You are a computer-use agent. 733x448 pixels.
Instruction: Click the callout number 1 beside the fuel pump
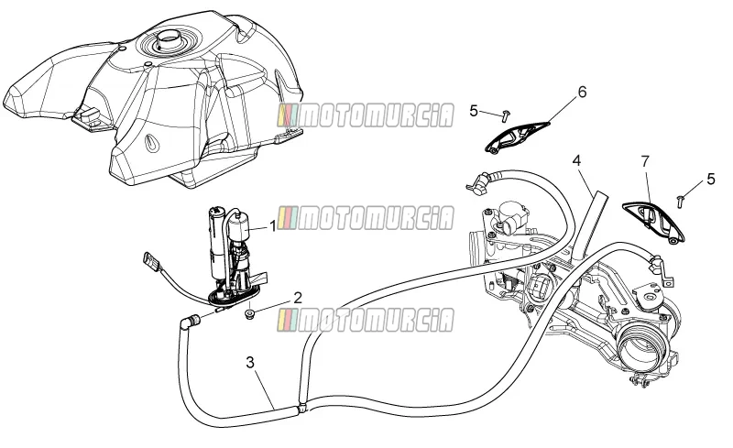tap(272, 227)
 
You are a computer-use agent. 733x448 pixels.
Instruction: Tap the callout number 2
tap(297, 298)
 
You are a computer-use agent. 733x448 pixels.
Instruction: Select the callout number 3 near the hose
tap(250, 363)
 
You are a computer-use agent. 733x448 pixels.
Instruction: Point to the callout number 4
tap(577, 161)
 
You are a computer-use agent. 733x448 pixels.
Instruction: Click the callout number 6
tap(582, 93)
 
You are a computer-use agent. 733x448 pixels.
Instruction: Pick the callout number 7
tap(646, 162)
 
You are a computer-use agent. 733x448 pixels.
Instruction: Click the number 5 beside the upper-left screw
tap(474, 111)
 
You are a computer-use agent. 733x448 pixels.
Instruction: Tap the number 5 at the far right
tap(711, 179)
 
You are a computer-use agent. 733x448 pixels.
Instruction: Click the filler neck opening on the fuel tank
tap(169, 38)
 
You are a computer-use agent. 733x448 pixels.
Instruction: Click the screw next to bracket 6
tap(506, 115)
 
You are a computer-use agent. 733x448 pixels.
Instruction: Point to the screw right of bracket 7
tap(680, 202)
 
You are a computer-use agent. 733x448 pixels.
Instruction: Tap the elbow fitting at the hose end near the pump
tap(190, 322)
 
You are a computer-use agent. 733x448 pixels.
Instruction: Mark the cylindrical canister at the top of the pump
tap(239, 226)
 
